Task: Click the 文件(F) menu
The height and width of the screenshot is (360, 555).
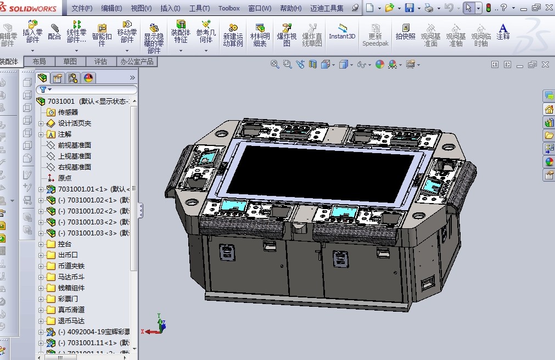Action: tap(82, 8)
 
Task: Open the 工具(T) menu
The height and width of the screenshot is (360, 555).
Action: tap(199, 8)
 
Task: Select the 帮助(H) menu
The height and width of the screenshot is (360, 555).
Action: tap(290, 8)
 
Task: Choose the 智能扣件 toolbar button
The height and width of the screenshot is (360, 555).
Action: tap(102, 35)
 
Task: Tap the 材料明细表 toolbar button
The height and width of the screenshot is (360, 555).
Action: tap(260, 35)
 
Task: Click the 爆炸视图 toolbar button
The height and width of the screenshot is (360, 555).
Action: tap(287, 35)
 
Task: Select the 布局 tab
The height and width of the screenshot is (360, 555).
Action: tap(39, 61)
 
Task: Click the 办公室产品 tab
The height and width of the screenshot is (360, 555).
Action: tap(137, 61)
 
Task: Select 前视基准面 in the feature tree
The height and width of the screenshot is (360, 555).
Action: tap(74, 145)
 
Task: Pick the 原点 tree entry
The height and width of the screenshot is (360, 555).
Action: tap(64, 178)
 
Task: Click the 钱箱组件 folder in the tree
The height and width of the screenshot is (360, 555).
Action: tap(71, 288)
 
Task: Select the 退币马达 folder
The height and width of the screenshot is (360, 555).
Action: tap(71, 320)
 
